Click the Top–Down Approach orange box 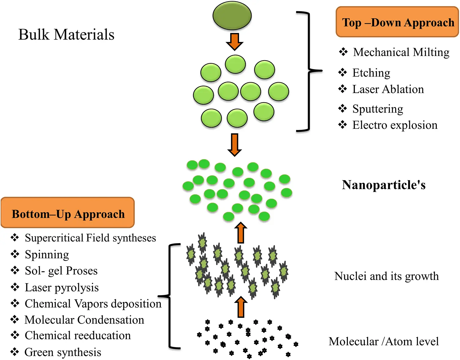(x=397, y=22)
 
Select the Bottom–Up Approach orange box (x=68, y=213)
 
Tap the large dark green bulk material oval (x=232, y=16)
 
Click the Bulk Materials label (x=66, y=35)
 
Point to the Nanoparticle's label (x=384, y=185)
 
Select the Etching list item (x=371, y=73)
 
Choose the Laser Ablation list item (x=388, y=89)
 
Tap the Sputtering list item (x=377, y=109)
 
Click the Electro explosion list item (x=395, y=125)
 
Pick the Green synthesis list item (x=63, y=352)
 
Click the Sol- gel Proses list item (x=61, y=271)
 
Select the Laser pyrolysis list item (x=62, y=288)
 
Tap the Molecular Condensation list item (x=84, y=320)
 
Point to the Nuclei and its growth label (x=386, y=276)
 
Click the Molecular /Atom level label (x=384, y=341)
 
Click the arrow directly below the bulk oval (x=234, y=42)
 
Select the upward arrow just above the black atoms (x=241, y=307)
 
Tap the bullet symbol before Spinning (x=15, y=254)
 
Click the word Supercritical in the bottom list (x=54, y=238)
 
